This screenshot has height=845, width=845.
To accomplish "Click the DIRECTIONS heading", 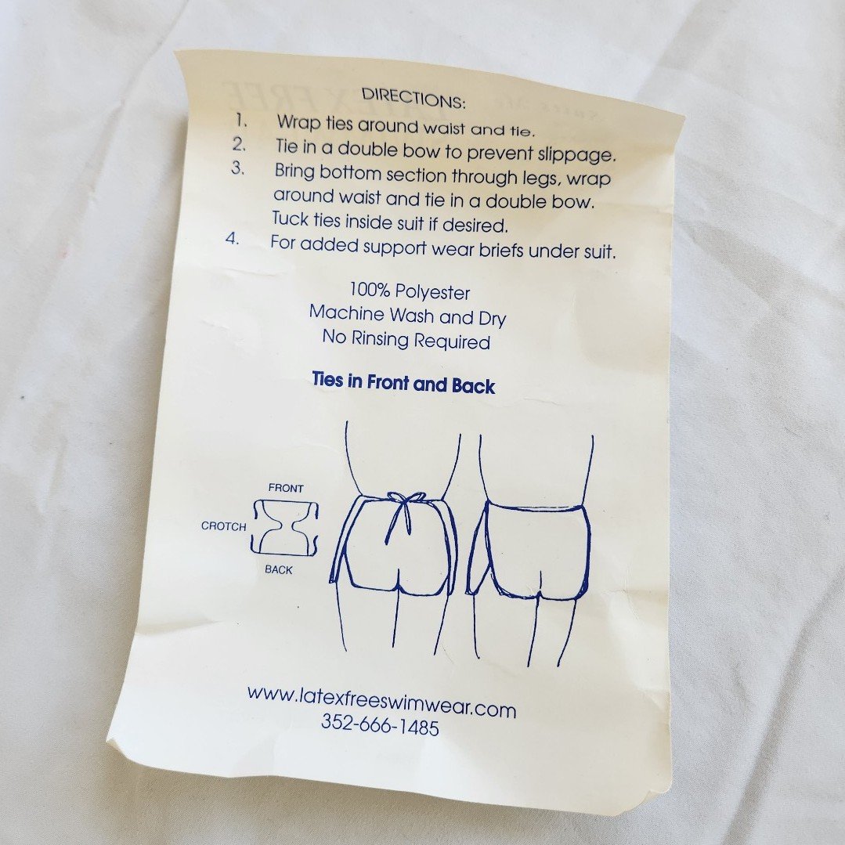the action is coord(413,98).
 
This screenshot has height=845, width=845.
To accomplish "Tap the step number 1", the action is coord(241,120).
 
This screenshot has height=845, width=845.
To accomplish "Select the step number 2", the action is coord(240,144).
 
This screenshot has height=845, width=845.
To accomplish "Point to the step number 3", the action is coord(237,168).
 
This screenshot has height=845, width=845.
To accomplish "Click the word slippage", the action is coord(576,155).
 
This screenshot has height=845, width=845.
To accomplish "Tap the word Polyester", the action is coord(432,293).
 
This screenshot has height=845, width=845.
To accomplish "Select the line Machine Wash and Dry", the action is coord(407,316).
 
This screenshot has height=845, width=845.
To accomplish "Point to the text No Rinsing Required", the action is coord(406,340).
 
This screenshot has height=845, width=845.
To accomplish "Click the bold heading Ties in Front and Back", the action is coord(403,383).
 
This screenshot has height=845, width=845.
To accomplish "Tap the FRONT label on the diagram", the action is coord(286,488).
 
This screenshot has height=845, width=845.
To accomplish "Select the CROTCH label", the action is coord(224,526).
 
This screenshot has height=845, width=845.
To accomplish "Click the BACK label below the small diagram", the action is coord(279,569).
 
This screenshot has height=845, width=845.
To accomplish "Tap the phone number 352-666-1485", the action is coord(380,724).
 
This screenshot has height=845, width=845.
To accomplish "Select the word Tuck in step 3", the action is coord(290,219).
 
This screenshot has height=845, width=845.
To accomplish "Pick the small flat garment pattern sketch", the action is coord(285,528).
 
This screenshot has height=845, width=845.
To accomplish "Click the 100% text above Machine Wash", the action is coord(369,290).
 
